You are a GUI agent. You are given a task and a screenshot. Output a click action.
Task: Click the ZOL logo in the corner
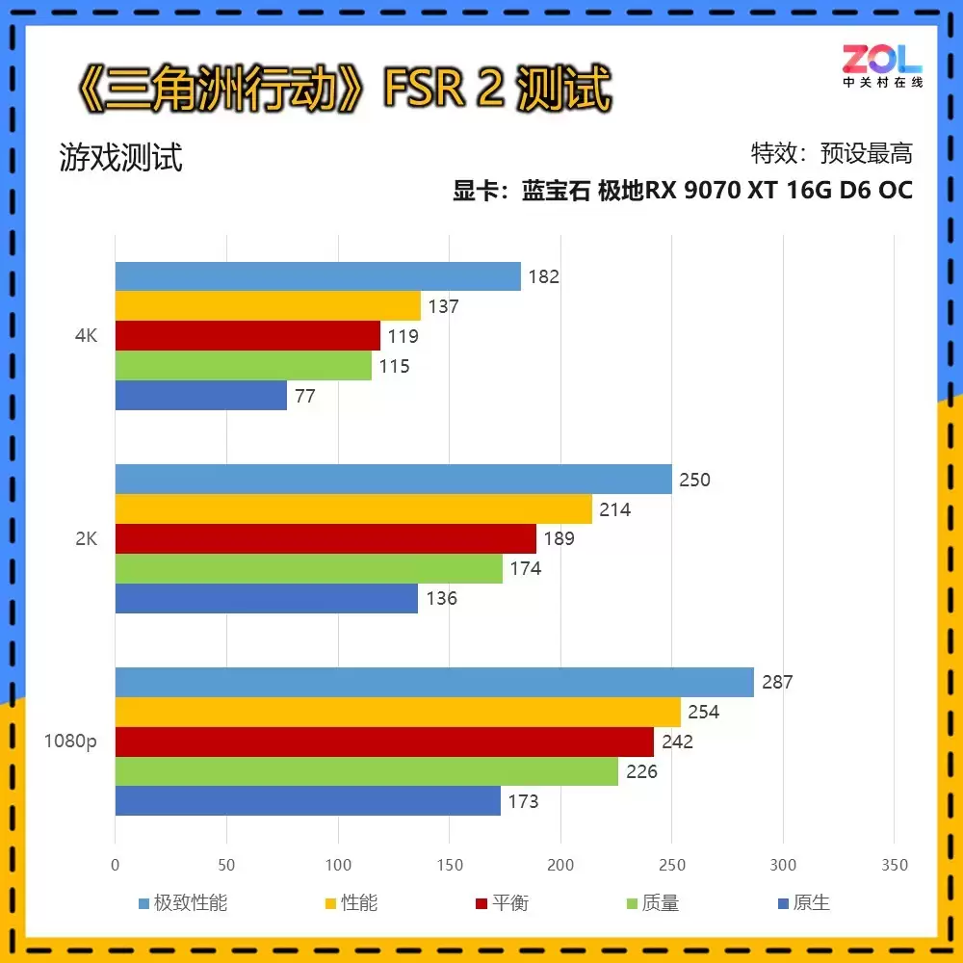[x=882, y=65]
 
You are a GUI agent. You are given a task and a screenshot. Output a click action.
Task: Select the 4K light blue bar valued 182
[x=318, y=276]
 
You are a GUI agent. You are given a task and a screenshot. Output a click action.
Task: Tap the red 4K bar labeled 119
[x=247, y=336]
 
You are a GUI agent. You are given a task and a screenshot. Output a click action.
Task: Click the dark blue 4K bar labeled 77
[x=200, y=395]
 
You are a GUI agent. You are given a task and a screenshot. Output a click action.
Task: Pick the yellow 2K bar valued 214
[x=353, y=508]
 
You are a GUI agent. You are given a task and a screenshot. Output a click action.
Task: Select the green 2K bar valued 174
[x=308, y=568]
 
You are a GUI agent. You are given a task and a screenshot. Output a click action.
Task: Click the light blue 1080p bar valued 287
[x=433, y=682]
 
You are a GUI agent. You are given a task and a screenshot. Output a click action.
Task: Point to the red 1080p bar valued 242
[x=383, y=742]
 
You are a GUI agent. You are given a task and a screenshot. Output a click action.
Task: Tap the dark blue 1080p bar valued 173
[x=307, y=800]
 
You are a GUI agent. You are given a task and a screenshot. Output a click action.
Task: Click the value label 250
[x=694, y=480]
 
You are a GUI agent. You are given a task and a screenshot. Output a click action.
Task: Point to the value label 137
[x=443, y=307]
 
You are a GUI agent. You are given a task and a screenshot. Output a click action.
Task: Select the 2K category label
[x=86, y=539]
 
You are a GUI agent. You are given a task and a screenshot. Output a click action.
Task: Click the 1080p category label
[x=70, y=742]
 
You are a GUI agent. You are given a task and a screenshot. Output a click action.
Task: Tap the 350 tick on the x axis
[x=895, y=866]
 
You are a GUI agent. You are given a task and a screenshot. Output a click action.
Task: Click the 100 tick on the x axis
[x=338, y=866]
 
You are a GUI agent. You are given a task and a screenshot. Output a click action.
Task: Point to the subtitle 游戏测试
[x=120, y=158]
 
